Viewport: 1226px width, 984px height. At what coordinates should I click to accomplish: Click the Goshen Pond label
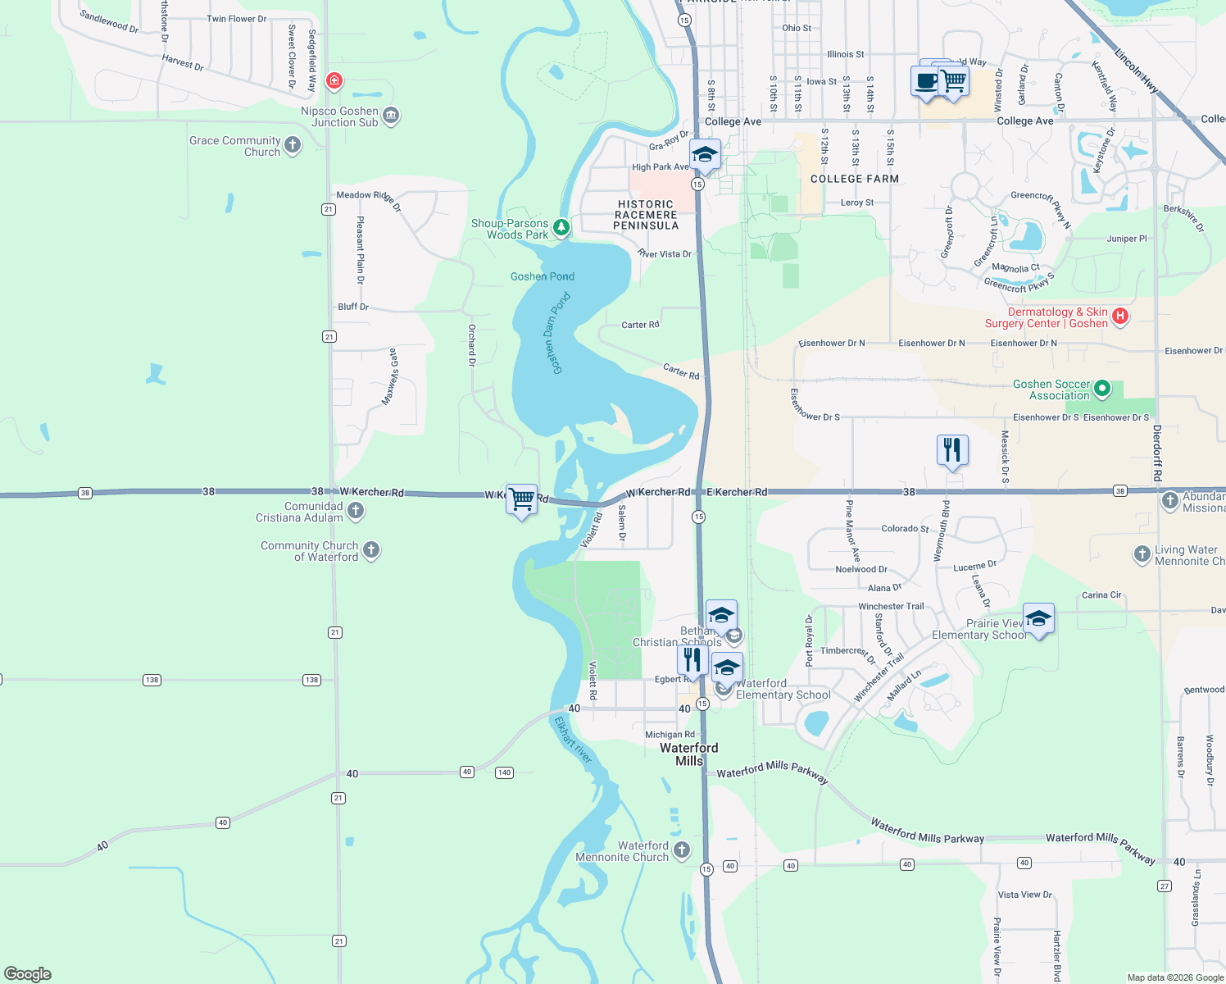point(542,276)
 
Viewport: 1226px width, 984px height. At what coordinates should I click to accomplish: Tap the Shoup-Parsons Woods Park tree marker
point(561,227)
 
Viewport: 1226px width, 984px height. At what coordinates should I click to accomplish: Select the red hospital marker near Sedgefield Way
point(334,80)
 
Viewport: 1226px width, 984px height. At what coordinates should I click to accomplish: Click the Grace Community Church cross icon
point(293,145)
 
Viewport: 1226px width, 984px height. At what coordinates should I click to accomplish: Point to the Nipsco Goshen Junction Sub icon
point(391,115)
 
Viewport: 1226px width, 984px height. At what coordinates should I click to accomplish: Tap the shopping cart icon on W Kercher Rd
point(522,499)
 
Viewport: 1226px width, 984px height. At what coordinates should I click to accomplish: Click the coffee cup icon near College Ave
point(926,81)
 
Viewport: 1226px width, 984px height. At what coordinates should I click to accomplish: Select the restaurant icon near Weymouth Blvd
point(952,450)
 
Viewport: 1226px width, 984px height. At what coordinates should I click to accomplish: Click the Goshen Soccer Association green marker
point(1102,389)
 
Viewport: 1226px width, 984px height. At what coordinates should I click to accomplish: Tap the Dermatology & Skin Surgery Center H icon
point(1120,316)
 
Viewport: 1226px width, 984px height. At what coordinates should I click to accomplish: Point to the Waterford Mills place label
point(688,754)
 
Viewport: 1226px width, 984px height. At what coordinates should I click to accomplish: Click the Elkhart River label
point(572,740)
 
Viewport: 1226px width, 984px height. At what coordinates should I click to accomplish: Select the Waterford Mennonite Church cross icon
point(681,851)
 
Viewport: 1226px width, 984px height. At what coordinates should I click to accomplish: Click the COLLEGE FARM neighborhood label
point(855,179)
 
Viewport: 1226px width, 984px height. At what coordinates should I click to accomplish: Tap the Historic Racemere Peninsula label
point(646,215)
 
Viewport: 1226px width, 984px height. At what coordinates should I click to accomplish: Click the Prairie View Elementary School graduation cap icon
point(1038,619)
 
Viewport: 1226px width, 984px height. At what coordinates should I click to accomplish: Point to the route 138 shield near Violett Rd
point(311,680)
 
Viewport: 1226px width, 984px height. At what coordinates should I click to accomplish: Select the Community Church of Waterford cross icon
point(371,550)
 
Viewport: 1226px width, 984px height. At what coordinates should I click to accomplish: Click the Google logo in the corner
point(28,973)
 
